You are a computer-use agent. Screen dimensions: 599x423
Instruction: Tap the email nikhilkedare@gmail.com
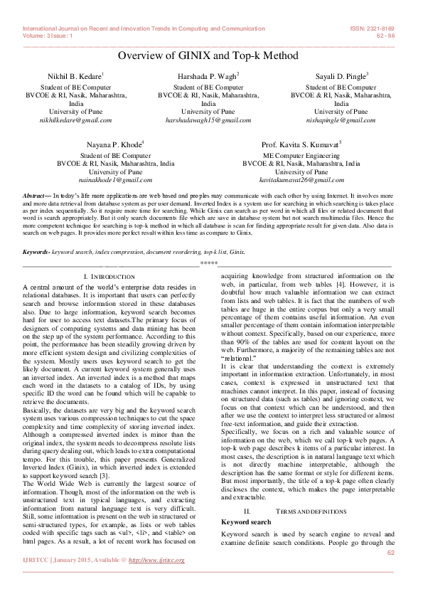[76, 121]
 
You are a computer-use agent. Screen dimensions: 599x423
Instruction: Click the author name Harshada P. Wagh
[207, 75]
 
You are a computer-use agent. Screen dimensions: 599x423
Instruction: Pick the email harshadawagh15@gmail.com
[208, 121]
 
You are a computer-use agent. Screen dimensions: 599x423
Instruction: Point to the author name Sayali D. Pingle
[341, 75]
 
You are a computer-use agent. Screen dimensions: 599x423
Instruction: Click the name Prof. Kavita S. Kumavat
[300, 144]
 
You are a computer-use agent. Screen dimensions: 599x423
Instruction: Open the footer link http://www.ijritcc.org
[155, 580]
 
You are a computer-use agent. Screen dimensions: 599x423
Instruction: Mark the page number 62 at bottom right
[390, 572]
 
